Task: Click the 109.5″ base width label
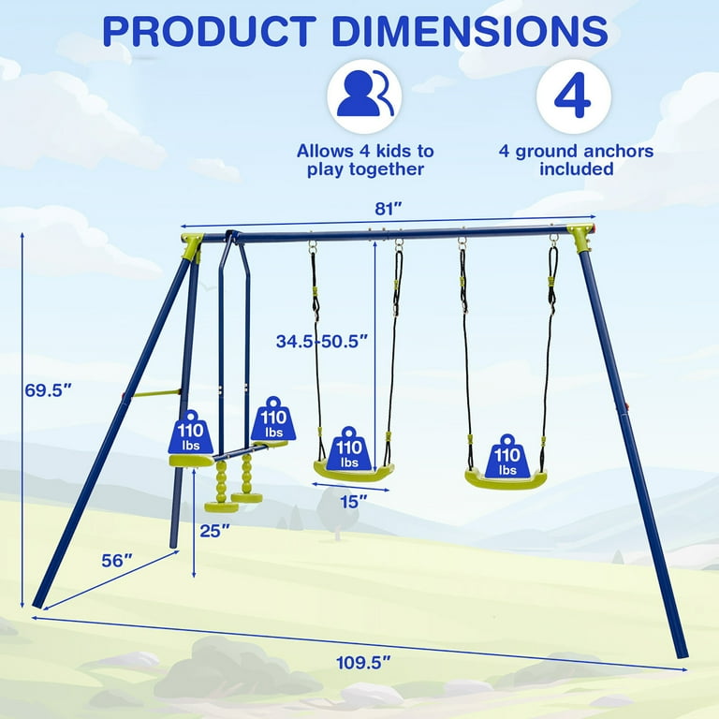[x=364, y=662]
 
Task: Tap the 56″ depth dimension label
[x=117, y=561]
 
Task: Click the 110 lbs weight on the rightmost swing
[x=507, y=456]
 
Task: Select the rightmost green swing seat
[x=506, y=478]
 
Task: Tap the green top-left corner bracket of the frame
[x=193, y=246]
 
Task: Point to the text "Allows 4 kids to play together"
[x=365, y=159]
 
